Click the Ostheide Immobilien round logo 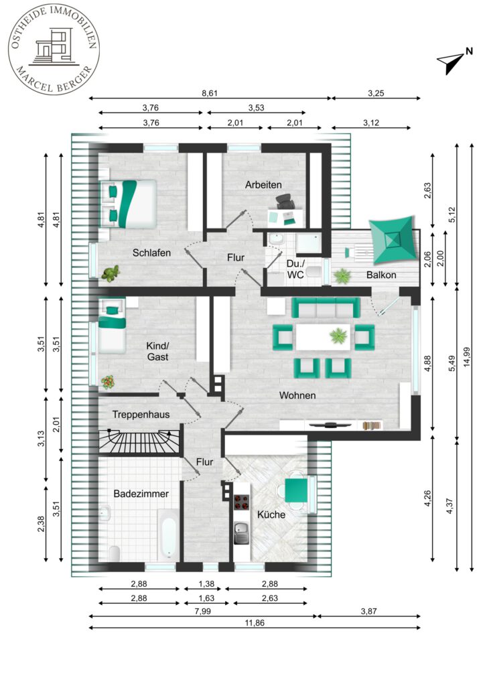click(x=54, y=48)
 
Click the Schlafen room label click(x=151, y=253)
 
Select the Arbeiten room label click(x=263, y=185)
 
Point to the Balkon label click(x=381, y=275)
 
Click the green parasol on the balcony click(x=391, y=240)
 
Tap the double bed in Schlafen click(x=128, y=204)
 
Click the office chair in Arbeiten click(x=285, y=201)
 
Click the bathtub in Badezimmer click(x=168, y=535)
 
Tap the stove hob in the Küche click(x=241, y=502)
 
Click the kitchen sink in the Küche click(x=241, y=533)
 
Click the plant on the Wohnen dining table click(x=338, y=336)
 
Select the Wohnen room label click(x=297, y=395)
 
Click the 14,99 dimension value click(x=467, y=357)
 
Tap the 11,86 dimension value click(x=255, y=622)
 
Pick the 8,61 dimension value click(x=210, y=93)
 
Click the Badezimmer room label click(x=141, y=494)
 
